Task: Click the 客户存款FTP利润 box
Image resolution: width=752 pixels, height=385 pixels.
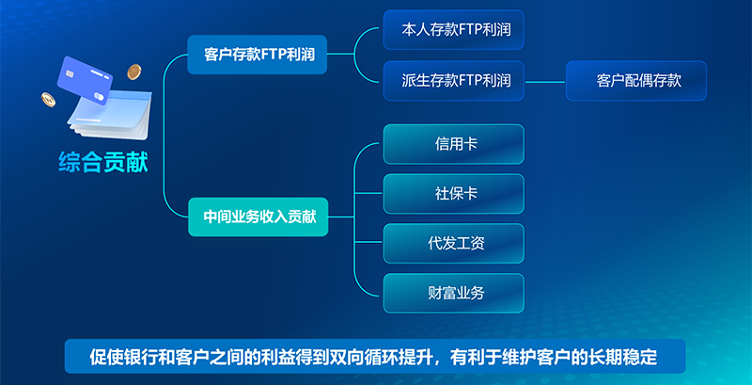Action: [x=257, y=55]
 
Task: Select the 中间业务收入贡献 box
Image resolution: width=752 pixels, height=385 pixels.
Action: [x=258, y=217]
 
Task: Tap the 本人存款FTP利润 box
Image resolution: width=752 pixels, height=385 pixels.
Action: [x=454, y=30]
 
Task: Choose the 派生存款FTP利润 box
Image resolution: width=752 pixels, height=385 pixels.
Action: [x=454, y=81]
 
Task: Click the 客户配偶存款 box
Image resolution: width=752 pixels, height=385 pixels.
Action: [x=636, y=81]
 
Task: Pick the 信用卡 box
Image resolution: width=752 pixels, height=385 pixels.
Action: [x=454, y=144]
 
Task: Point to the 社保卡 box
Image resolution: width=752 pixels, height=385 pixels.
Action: [x=454, y=194]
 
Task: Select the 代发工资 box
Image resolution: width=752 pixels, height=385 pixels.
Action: [x=454, y=244]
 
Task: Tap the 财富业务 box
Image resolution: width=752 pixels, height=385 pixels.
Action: [x=454, y=294]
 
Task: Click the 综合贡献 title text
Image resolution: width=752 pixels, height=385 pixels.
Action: [x=103, y=162]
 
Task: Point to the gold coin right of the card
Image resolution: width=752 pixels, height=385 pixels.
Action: [x=134, y=72]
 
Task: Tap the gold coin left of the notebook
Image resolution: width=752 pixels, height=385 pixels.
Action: [x=48, y=100]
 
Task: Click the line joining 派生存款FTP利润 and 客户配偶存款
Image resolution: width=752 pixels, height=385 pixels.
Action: [x=545, y=82]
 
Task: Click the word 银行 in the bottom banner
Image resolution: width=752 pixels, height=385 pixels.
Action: [x=136, y=358]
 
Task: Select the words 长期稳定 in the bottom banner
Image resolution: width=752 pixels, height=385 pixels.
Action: [x=632, y=358]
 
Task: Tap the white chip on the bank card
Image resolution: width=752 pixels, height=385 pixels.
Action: [x=70, y=73]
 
